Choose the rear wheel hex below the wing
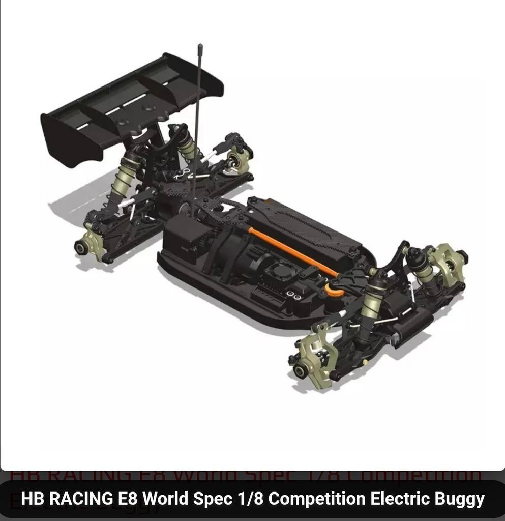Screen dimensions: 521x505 coord(81,248)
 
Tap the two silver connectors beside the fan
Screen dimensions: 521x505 coord(294,295)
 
